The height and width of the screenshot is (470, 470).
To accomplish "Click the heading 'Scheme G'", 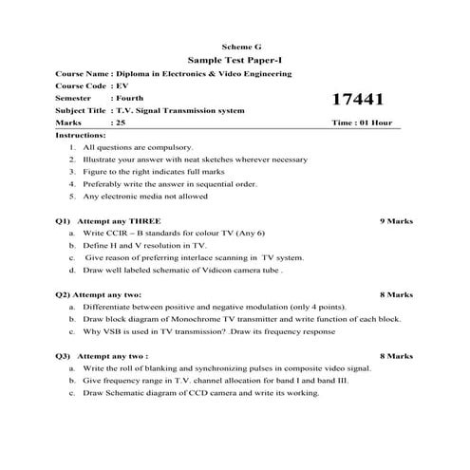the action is [x=235, y=47].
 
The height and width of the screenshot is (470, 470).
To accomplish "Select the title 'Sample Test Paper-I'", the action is [x=235, y=60].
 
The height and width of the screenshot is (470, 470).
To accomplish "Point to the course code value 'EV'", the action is [x=122, y=85].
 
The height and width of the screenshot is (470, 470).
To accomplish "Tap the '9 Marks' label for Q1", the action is [x=394, y=220].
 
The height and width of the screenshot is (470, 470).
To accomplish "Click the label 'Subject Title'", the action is [x=81, y=111].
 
